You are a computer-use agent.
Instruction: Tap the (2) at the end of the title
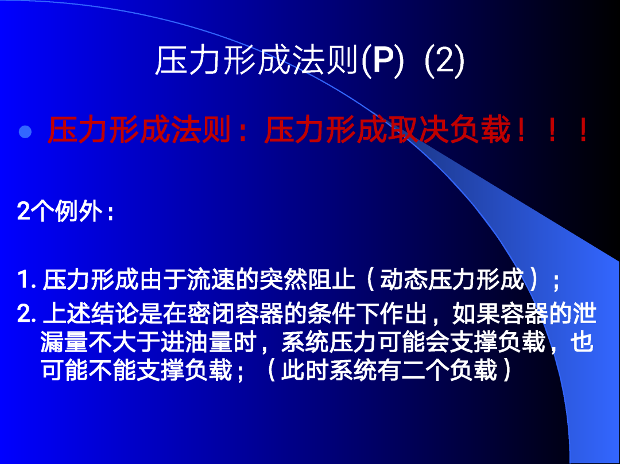pos(444,61)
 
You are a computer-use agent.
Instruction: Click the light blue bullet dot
pos(25,131)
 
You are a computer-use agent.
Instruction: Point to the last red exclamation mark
pos(583,130)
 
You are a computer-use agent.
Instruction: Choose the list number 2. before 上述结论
pos(28,314)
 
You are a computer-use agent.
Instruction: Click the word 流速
pos(211,279)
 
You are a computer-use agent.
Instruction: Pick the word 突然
pos(282,279)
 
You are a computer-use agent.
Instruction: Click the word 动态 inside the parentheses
pos(404,279)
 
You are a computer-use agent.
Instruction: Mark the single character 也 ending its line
pos(583,342)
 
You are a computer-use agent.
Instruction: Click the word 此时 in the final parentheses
pos(305,371)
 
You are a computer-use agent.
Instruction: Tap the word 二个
pos(425,371)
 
